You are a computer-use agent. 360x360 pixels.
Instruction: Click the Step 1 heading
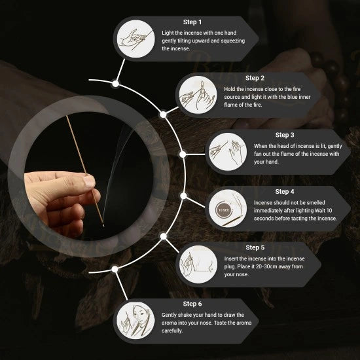192,22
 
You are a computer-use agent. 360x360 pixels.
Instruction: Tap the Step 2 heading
255,78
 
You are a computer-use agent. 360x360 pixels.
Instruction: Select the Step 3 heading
285,135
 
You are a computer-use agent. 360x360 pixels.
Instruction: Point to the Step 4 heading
285,192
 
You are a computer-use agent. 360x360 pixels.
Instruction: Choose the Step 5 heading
255,247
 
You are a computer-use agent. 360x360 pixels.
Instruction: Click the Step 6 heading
192,304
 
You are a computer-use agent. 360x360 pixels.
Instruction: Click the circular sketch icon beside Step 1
135,39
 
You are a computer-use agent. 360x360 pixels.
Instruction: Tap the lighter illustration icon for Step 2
198,95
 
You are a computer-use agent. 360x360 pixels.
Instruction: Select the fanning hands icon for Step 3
228,152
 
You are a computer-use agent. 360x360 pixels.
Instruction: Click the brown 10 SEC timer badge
224,210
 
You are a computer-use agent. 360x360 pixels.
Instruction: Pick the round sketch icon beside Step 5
198,264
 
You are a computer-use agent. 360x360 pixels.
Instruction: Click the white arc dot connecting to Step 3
183,154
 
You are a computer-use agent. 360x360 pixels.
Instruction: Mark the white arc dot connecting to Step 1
115,84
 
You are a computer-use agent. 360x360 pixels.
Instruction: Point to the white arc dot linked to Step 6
115,269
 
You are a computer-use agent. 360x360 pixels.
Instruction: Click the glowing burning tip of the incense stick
103,225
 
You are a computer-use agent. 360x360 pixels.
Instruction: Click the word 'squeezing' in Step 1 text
233,41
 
